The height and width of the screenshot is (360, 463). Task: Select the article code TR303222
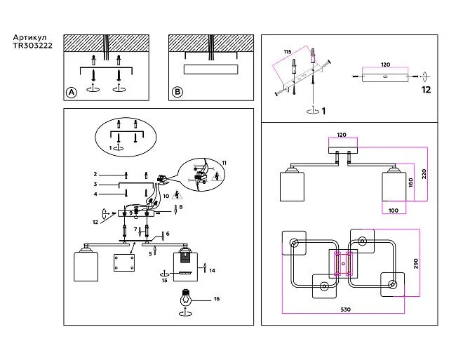tap(32, 47)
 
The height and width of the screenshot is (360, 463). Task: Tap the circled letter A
tap(71, 92)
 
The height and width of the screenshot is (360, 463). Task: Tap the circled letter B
tap(177, 92)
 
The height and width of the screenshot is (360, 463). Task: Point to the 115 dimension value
tap(286, 52)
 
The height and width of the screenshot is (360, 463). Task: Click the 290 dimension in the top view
tap(416, 265)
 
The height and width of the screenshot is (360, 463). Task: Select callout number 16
tap(217, 299)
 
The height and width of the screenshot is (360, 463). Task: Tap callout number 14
tap(213, 270)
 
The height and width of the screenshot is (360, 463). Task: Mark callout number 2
tap(95, 173)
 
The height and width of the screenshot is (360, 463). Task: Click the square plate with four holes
tap(123, 265)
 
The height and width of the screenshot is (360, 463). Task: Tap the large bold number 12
tap(426, 90)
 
